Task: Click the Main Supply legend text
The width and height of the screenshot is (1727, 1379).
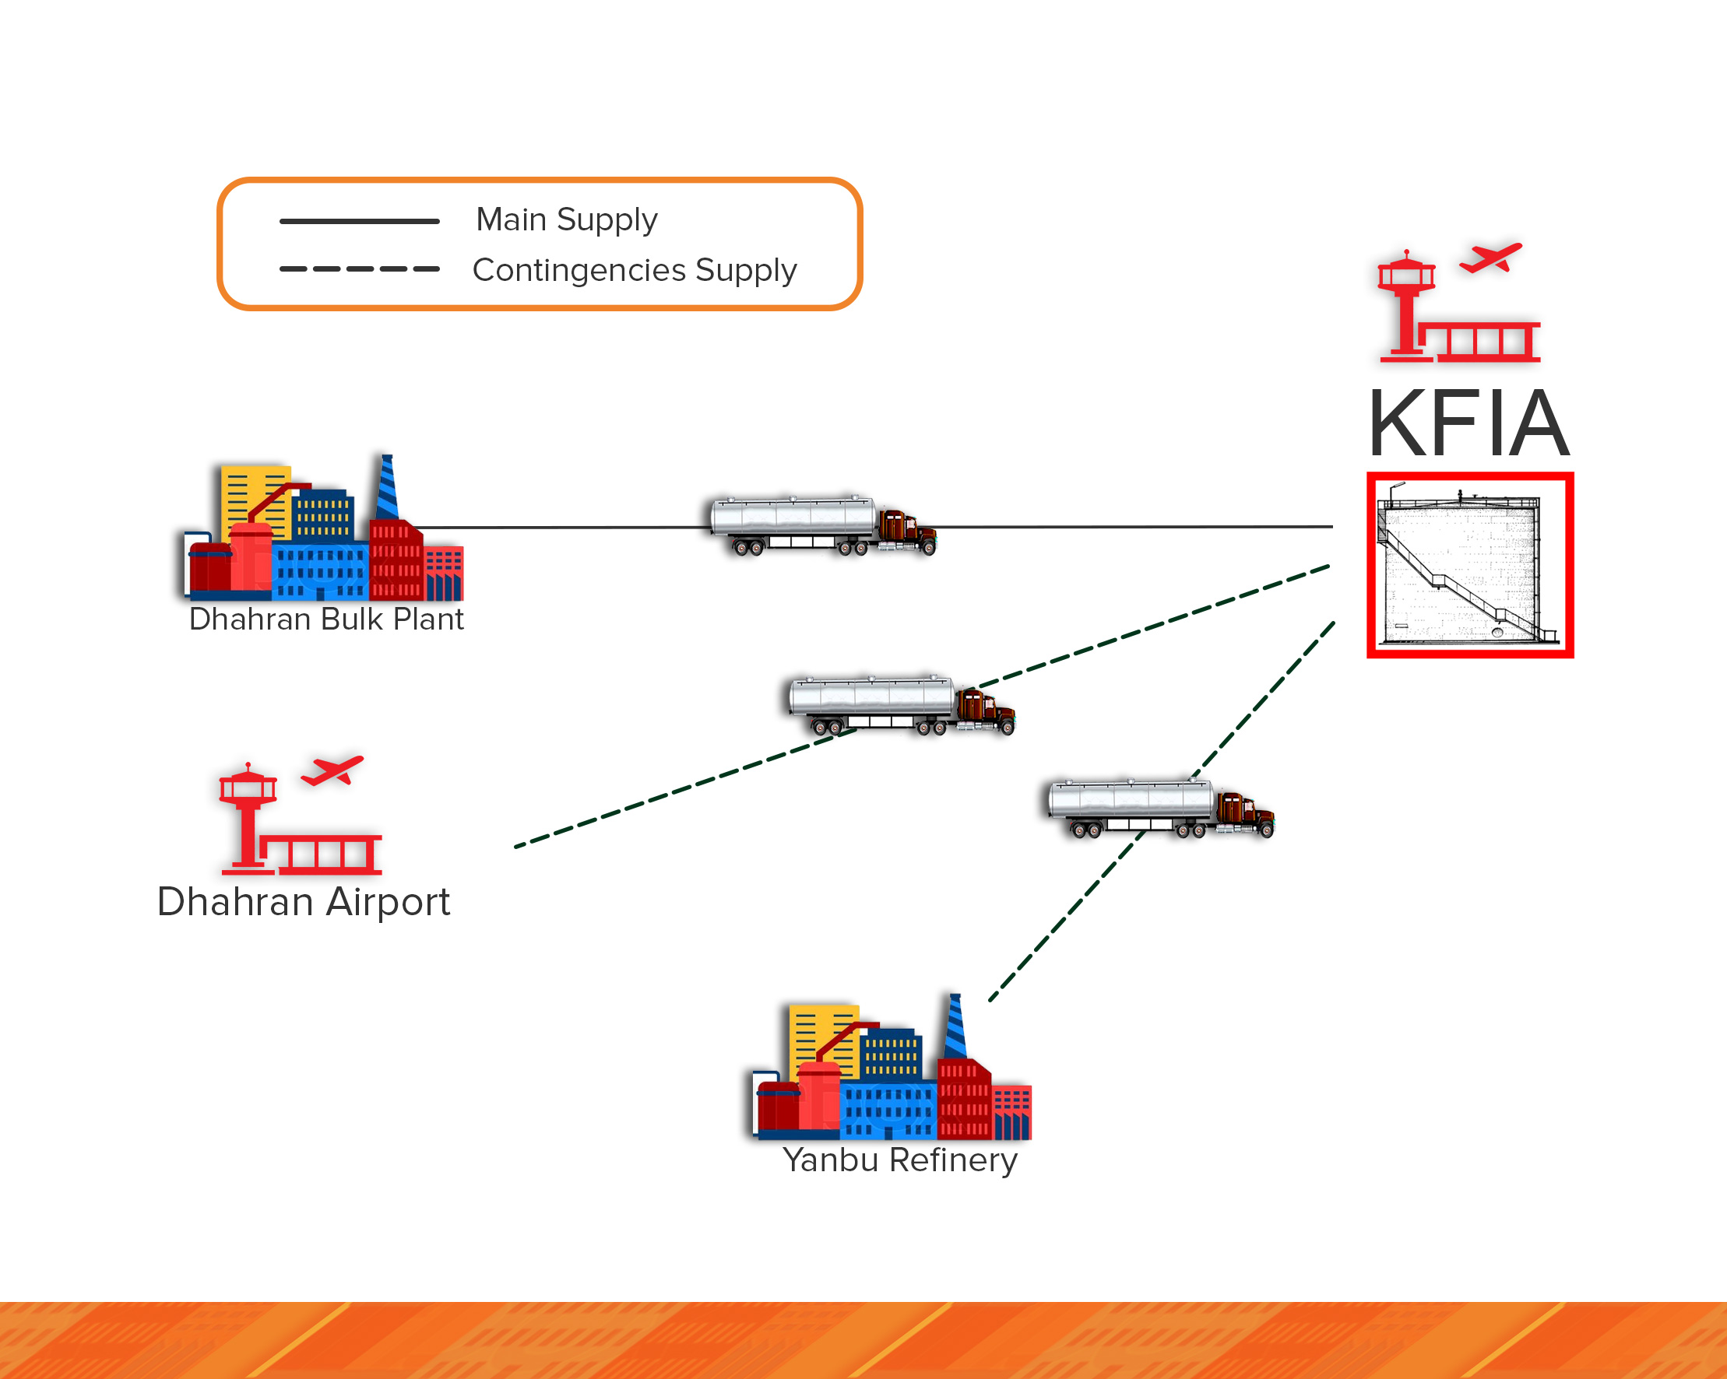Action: coord(566,219)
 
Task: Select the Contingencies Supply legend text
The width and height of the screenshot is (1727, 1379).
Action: coord(635,270)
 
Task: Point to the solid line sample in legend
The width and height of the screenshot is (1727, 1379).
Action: coord(359,221)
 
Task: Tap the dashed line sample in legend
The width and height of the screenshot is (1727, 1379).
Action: coord(359,269)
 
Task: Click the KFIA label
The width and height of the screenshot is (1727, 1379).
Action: coord(1468,423)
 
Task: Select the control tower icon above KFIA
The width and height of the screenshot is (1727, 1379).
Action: coord(1405,304)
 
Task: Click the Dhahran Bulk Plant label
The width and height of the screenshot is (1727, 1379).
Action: coord(326,619)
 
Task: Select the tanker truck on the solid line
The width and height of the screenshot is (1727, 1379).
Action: coord(823,525)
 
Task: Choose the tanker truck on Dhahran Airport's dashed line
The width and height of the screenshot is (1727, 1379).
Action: coord(901,705)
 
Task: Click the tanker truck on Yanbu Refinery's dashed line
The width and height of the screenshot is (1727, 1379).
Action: coord(1161,808)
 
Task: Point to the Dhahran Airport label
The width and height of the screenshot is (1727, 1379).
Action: coord(303,902)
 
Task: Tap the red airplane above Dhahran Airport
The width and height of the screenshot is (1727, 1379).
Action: coord(332,770)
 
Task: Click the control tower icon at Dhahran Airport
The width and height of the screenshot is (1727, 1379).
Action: coord(248,817)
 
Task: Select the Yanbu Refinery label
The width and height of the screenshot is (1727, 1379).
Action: coord(899,1160)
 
